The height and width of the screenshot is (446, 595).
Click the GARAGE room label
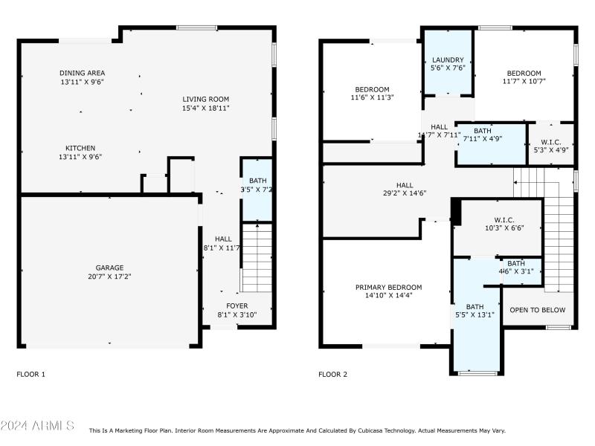pyautogui.click(x=109, y=268)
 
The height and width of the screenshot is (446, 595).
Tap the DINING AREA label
pyautogui.click(x=83, y=73)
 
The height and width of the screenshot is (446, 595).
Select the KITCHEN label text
pyautogui.click(x=80, y=148)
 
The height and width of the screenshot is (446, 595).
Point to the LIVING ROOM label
pyautogui.click(x=206, y=99)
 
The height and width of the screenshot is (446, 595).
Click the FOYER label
pyautogui.click(x=237, y=306)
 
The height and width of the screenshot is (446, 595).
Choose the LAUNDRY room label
pyautogui.click(x=448, y=60)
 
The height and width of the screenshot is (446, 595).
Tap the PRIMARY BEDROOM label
pyautogui.click(x=388, y=288)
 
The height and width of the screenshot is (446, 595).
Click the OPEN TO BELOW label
pyautogui.click(x=537, y=310)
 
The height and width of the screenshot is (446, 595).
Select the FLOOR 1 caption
pyautogui.click(x=30, y=375)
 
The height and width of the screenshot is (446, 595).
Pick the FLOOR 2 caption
pyautogui.click(x=332, y=375)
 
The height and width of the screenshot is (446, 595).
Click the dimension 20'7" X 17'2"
pyautogui.click(x=109, y=277)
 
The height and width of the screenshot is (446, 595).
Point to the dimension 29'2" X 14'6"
pyautogui.click(x=405, y=194)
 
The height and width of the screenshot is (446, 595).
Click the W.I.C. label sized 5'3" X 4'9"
pyautogui.click(x=551, y=142)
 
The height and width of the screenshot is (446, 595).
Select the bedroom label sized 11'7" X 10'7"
pyautogui.click(x=524, y=73)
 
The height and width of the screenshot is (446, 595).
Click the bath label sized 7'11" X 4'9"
pyautogui.click(x=482, y=130)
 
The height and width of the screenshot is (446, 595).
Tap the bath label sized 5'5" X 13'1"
pyautogui.click(x=475, y=306)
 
